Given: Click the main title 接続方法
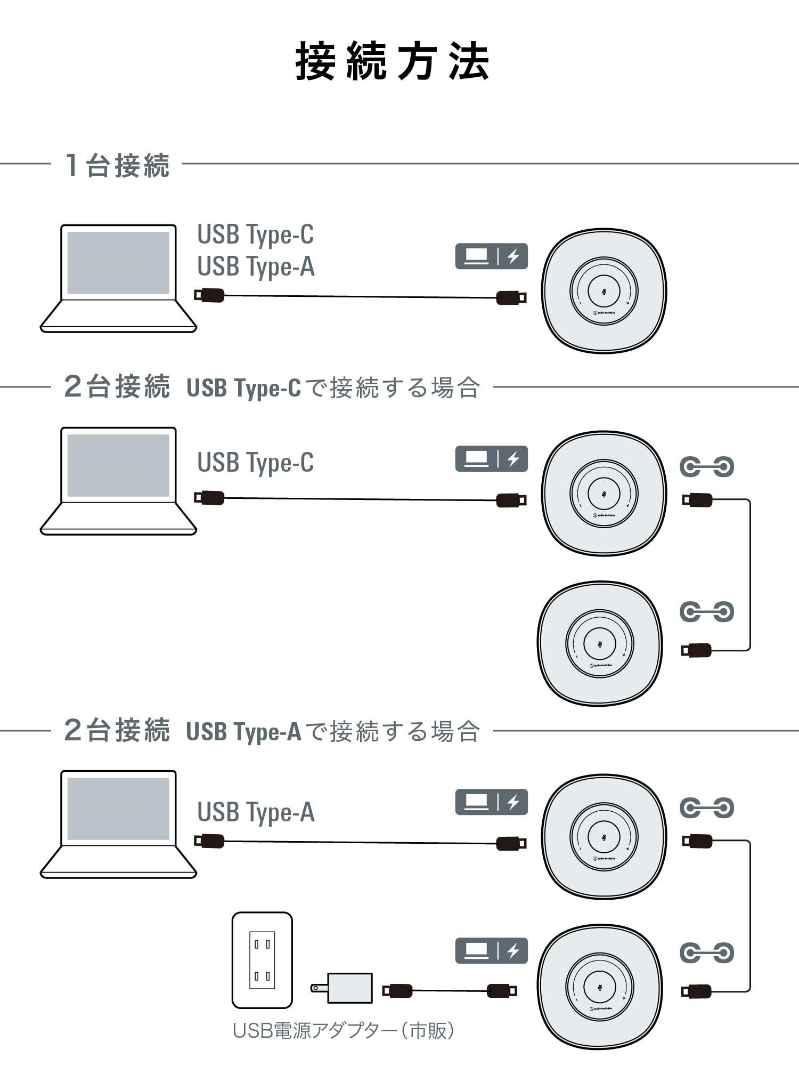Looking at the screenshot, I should pos(393,62).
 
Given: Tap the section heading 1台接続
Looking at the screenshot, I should pos(117,165).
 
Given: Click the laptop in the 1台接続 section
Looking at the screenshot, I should pos(118,278).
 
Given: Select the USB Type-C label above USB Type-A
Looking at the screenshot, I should pos(256,234).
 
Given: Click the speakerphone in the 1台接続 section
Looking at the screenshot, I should pos(604,291).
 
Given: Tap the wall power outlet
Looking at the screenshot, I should pos(262,960).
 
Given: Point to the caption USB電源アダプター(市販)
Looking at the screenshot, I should pos(344,1030).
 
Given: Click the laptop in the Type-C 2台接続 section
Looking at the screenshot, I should pos(118,481).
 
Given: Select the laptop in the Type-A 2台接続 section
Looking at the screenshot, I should pos(118,824).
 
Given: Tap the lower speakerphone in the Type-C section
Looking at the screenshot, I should pos(600,643).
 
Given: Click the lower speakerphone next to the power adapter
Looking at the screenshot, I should pos(600,987).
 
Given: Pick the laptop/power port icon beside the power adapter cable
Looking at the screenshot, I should pos(491,951).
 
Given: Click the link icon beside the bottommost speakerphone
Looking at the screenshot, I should pos(707,952).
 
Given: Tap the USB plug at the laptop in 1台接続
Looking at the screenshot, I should pos(209,295).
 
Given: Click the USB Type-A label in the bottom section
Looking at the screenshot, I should pos(256,812).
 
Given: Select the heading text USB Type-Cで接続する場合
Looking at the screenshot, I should pos(333,387).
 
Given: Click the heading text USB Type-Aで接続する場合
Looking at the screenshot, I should pos(333,731).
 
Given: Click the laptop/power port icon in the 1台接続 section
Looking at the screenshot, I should pos(491,256).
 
